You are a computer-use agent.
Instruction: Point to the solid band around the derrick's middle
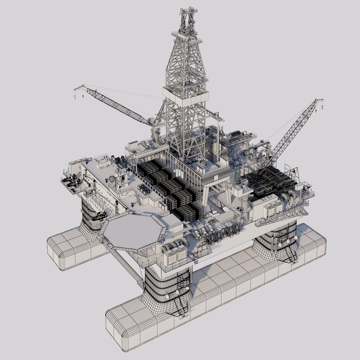[186, 95]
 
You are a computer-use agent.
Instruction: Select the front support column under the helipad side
[167, 283]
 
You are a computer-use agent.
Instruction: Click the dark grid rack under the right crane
[270, 182]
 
